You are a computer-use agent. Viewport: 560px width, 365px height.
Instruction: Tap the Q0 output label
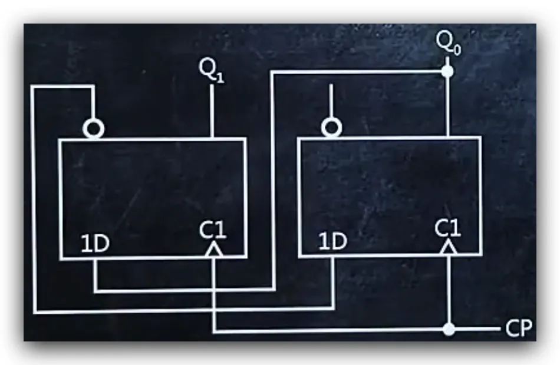449,44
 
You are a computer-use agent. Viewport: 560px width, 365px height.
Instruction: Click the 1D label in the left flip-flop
95,244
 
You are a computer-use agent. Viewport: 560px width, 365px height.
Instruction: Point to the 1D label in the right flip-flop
332,241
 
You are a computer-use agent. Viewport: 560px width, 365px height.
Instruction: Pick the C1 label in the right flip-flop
448,228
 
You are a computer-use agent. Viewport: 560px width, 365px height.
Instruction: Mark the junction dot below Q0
447,72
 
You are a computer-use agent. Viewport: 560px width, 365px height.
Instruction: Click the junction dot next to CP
449,329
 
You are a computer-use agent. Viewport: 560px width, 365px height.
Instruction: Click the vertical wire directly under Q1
212,111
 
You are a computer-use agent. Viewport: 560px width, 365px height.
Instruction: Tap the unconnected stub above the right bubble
331,101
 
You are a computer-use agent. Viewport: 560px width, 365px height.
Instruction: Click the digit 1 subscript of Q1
220,78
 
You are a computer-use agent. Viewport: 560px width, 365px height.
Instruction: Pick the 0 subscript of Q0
457,50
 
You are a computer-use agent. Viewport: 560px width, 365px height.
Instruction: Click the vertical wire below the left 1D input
95,275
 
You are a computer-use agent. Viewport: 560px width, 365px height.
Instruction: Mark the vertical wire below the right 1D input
334,282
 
